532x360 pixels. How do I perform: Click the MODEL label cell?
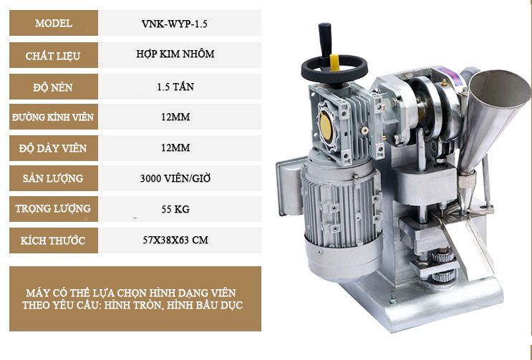click(x=54, y=23)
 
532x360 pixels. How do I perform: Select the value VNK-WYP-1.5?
click(x=175, y=24)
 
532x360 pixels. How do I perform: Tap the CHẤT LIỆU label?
click(x=53, y=56)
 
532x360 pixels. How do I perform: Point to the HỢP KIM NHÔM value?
click(x=175, y=54)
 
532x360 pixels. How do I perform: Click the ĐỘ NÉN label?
click(x=53, y=87)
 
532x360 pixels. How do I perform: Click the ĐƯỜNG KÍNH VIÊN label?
click(x=53, y=117)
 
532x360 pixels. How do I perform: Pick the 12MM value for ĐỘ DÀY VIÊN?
click(x=175, y=148)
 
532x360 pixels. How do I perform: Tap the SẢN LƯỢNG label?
click(x=53, y=178)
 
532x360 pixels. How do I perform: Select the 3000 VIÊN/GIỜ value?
click(x=175, y=178)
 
